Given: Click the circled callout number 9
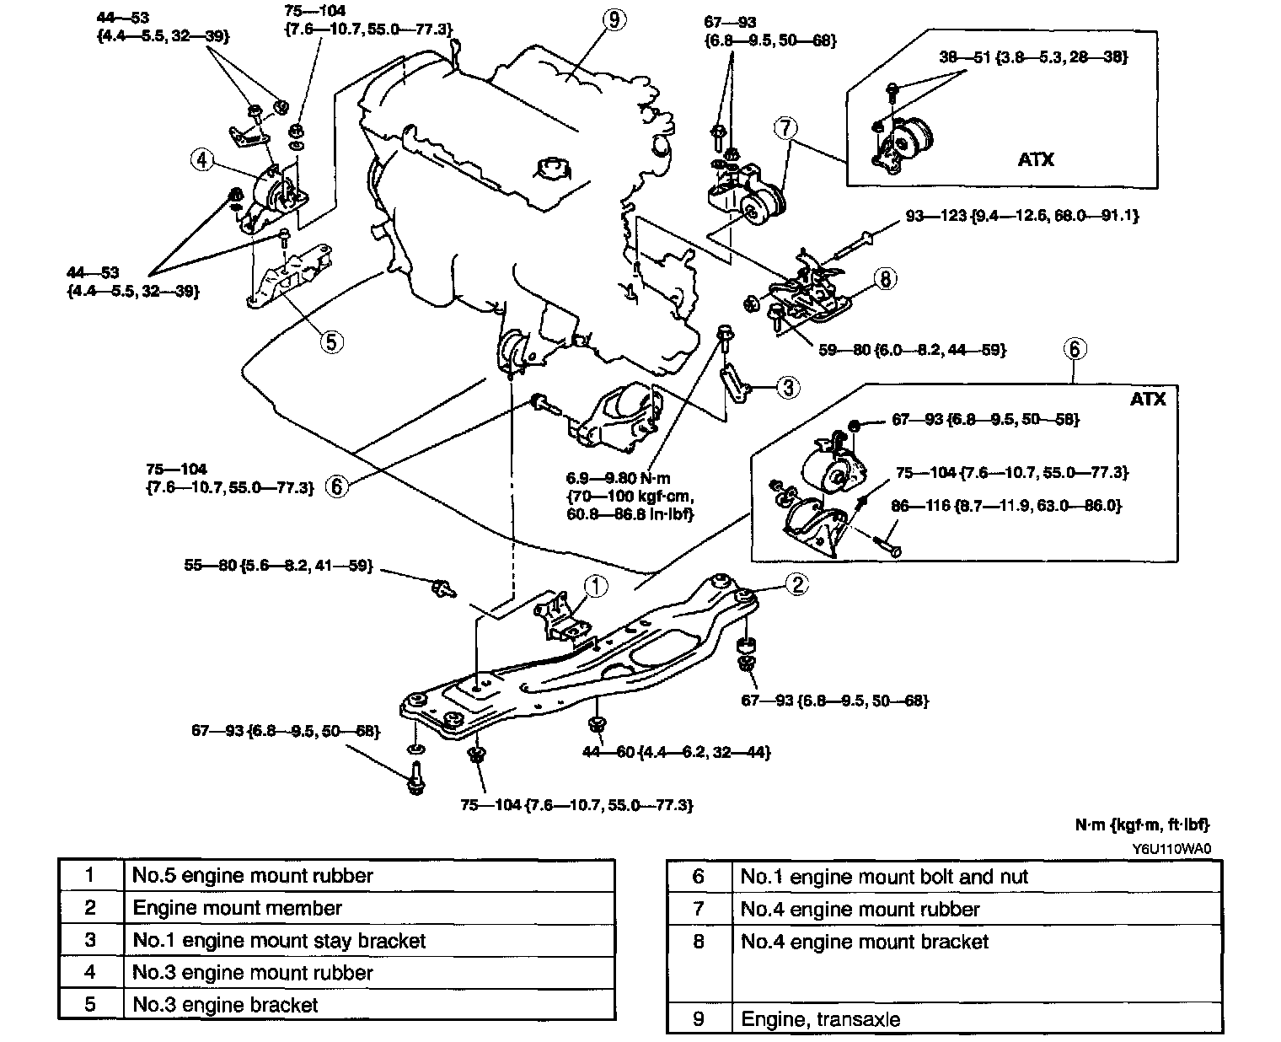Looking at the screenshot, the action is click(x=614, y=20).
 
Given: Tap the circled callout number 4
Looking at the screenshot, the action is click(x=202, y=160).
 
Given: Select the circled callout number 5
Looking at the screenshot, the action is click(x=331, y=342).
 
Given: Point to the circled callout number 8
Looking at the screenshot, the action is click(x=885, y=278).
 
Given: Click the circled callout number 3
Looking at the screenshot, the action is click(x=789, y=387).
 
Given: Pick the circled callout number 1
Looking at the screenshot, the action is click(x=596, y=586).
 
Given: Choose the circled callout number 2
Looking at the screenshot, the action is click(x=798, y=584).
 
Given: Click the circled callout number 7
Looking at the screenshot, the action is click(x=785, y=128).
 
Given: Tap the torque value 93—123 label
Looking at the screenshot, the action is click(x=1021, y=215).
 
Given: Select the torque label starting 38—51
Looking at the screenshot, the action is click(x=1033, y=57).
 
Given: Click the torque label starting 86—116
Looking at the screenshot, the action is click(x=1006, y=505).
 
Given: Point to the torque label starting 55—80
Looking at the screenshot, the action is click(x=278, y=566).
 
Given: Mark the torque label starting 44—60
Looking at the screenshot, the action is click(x=677, y=752).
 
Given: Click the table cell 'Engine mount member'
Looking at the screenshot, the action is click(x=237, y=908).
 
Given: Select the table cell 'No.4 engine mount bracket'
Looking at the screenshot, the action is click(x=864, y=942).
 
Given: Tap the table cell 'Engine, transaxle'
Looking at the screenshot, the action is click(x=820, y=1019).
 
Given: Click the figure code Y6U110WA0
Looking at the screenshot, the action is click(x=1172, y=849).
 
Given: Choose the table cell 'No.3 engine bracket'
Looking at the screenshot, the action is click(x=225, y=1005).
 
